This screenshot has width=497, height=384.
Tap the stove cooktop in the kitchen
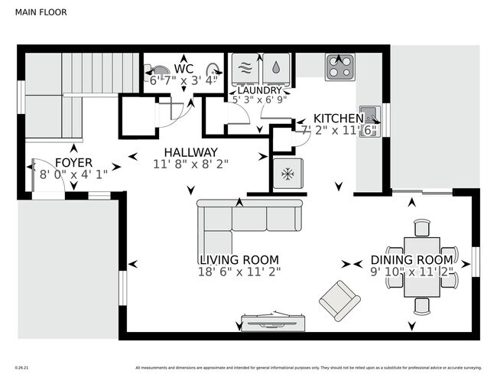[x=339, y=67]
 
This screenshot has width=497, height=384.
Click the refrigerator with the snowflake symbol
[x=288, y=174]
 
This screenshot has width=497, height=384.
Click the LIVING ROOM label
[x=239, y=260]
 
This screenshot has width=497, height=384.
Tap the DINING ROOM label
[x=412, y=260]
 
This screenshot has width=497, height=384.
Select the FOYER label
[x=73, y=163]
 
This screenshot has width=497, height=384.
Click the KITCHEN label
[x=339, y=119]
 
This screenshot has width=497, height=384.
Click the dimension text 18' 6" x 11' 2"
[x=239, y=272]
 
